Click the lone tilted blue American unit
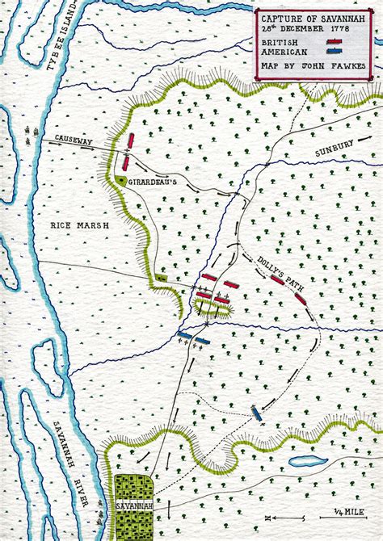pos(256,413)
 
